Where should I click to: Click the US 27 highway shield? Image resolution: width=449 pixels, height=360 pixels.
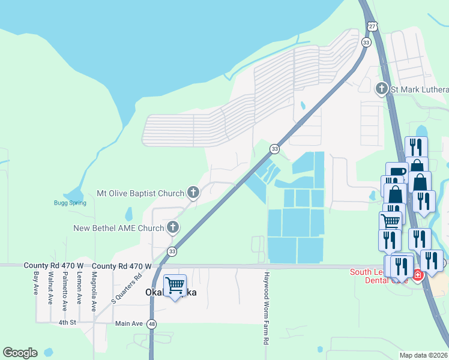point(372,26)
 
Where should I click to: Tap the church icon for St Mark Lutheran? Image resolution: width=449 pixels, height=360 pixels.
point(381,89)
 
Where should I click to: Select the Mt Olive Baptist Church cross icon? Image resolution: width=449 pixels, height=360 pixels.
point(193,193)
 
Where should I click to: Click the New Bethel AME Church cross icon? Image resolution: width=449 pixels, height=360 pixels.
point(173,227)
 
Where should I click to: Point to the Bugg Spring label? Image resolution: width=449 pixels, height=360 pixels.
point(70,203)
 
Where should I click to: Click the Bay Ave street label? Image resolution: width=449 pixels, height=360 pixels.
point(37,283)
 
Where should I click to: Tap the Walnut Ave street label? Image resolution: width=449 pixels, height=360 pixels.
point(51,285)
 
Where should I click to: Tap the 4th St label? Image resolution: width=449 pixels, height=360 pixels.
point(67,323)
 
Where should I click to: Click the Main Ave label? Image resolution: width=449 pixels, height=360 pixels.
point(129,323)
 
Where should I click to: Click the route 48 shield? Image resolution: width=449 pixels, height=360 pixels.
point(152,324)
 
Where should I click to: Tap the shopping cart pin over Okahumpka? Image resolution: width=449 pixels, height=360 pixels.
point(175,286)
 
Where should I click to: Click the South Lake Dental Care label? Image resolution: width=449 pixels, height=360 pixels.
point(378,276)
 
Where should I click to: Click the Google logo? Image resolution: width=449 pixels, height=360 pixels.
point(20,353)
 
